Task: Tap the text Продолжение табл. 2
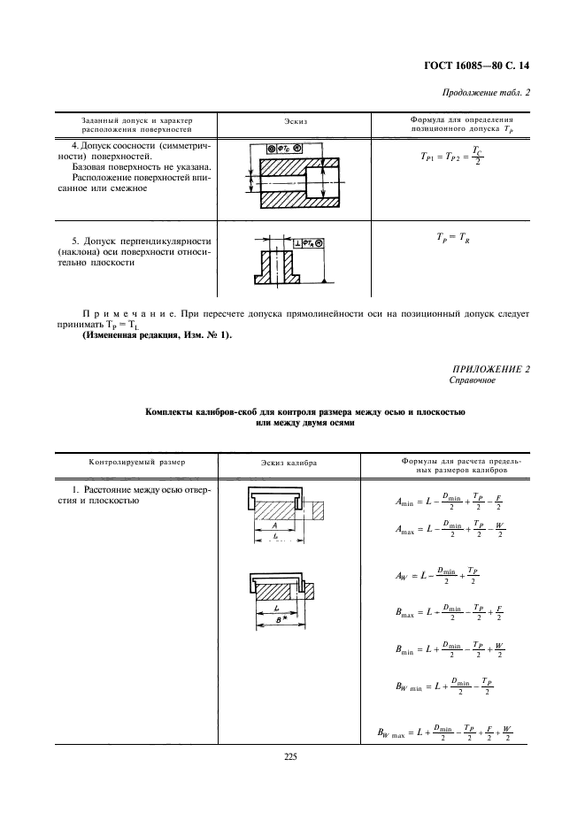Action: click(490, 94)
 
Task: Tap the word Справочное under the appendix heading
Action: click(473, 380)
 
